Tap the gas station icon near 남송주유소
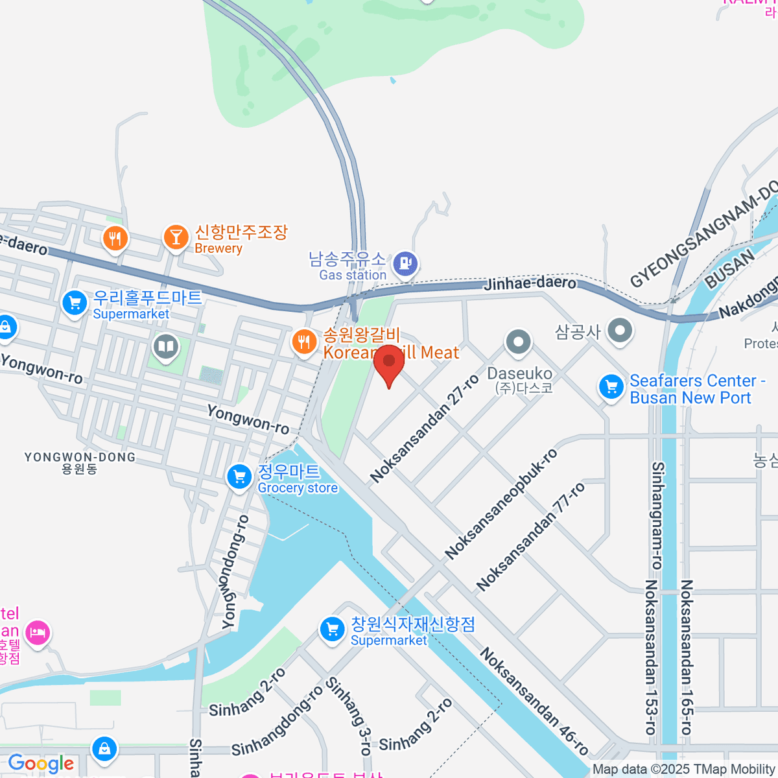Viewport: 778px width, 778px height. click(x=406, y=264)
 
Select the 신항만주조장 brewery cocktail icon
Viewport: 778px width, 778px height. click(x=175, y=237)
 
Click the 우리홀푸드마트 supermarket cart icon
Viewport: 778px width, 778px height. click(x=75, y=303)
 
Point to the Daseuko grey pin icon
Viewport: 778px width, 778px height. click(x=517, y=342)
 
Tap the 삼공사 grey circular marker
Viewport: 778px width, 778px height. click(x=620, y=330)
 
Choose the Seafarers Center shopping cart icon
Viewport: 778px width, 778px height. click(x=611, y=387)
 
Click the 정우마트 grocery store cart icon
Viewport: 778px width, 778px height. click(x=239, y=478)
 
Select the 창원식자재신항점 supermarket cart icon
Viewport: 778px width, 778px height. click(x=333, y=630)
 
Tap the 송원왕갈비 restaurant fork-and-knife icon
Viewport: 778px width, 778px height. click(x=303, y=341)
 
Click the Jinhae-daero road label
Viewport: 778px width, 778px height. click(x=530, y=283)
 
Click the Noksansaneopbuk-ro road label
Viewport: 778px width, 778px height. click(x=501, y=504)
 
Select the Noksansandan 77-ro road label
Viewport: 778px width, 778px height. click(x=530, y=536)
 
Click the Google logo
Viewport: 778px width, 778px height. click(x=41, y=764)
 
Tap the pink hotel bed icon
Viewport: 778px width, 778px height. click(x=37, y=631)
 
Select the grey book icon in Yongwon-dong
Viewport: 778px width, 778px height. click(x=165, y=346)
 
